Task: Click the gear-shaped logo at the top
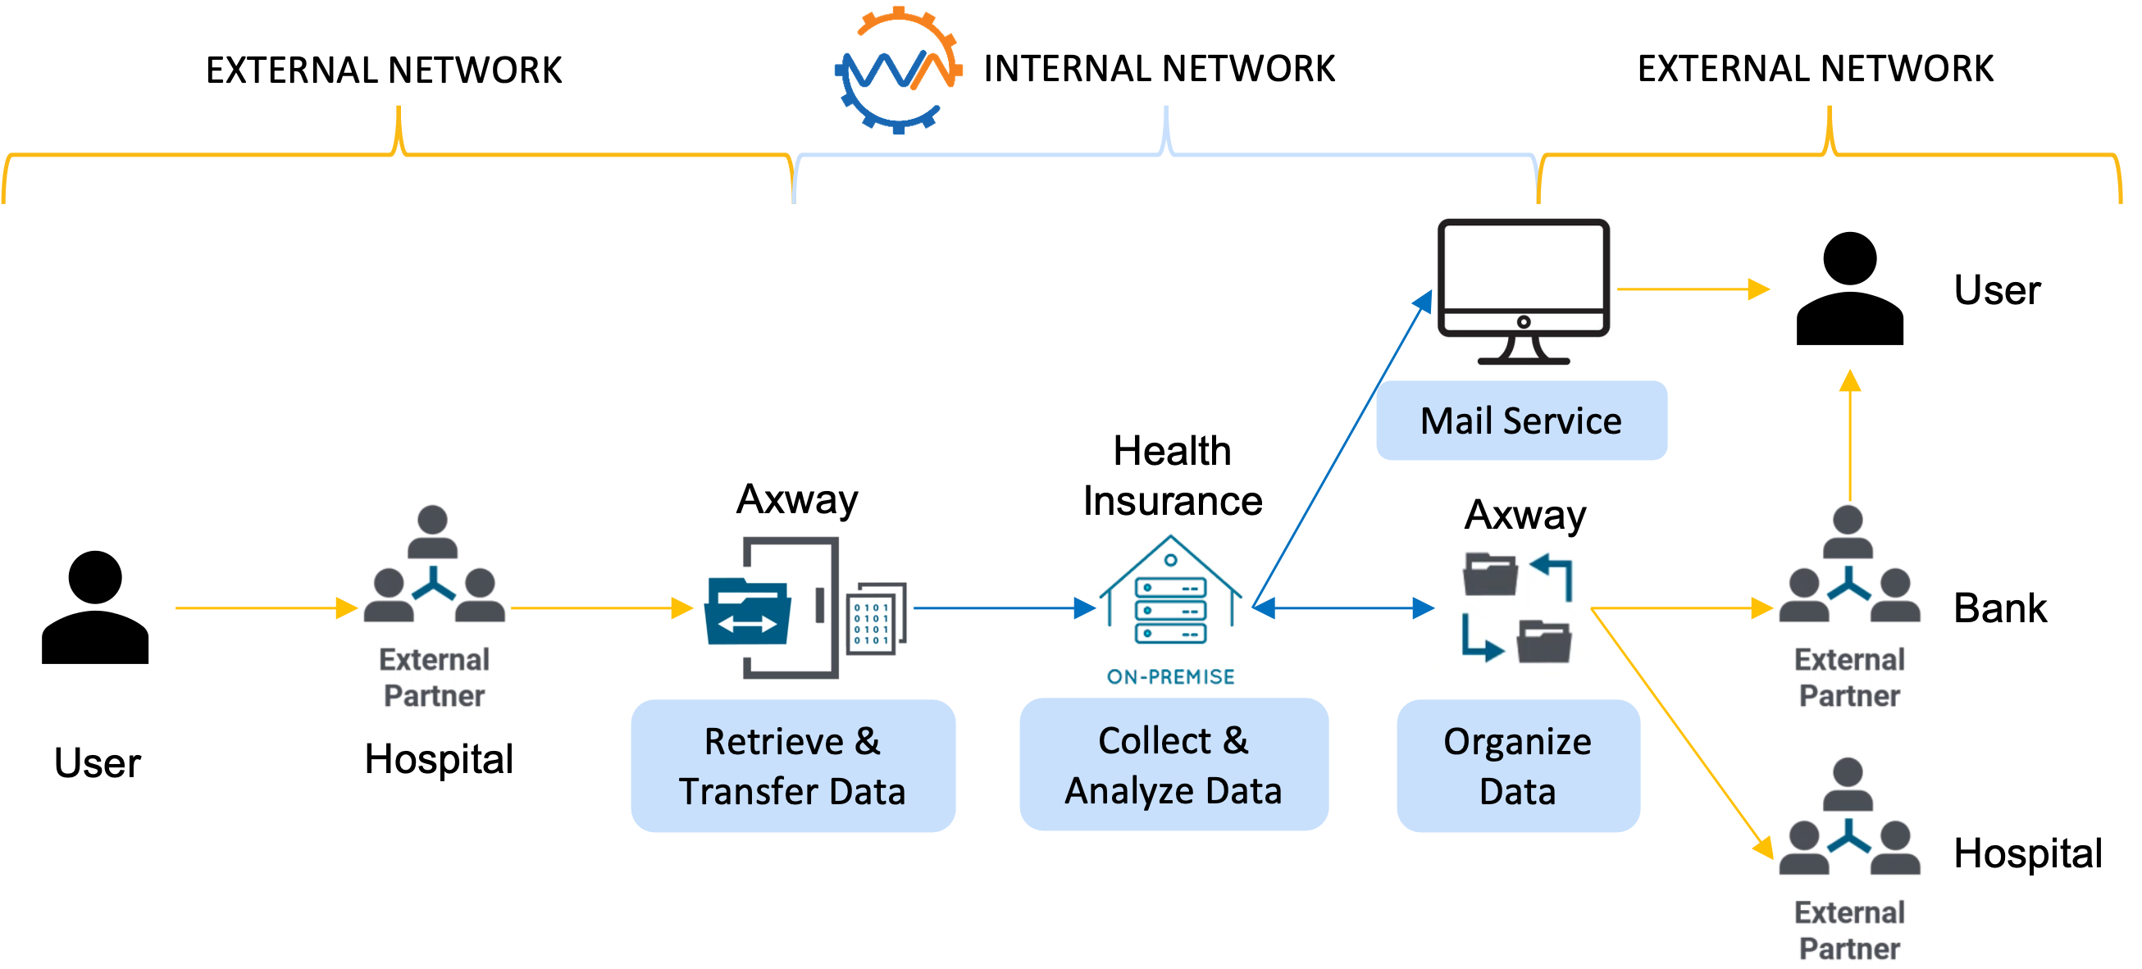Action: click(898, 70)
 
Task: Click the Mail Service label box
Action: click(1521, 421)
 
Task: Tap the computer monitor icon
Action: click(1524, 287)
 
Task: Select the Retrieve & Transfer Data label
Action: click(792, 766)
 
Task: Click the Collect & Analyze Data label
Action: click(1174, 765)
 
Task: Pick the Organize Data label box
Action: click(1518, 766)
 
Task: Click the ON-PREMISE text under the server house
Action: click(1171, 676)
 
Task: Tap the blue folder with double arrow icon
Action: click(746, 612)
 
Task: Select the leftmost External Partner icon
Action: click(434, 607)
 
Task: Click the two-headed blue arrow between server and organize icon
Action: click(1343, 608)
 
